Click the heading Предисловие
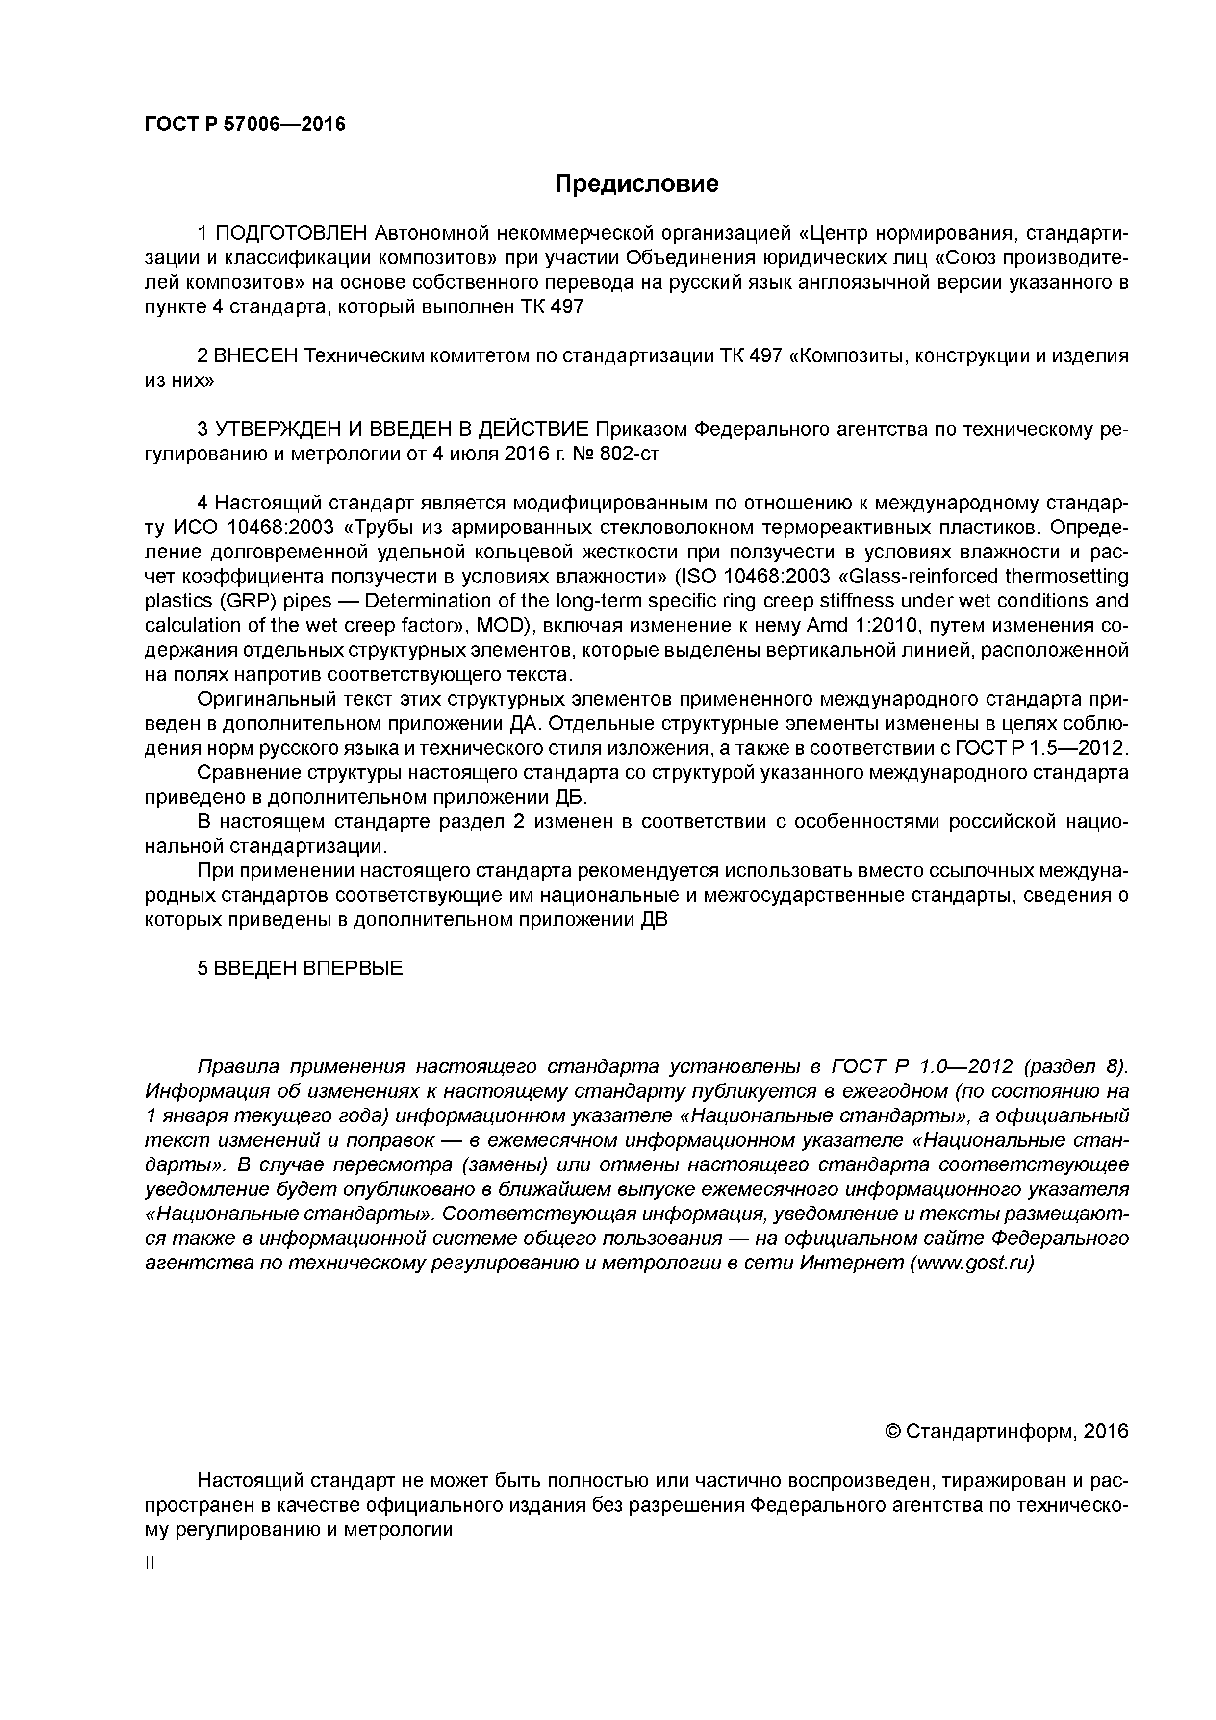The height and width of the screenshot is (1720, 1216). click(636, 183)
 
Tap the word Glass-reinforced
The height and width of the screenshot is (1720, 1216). click(921, 577)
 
